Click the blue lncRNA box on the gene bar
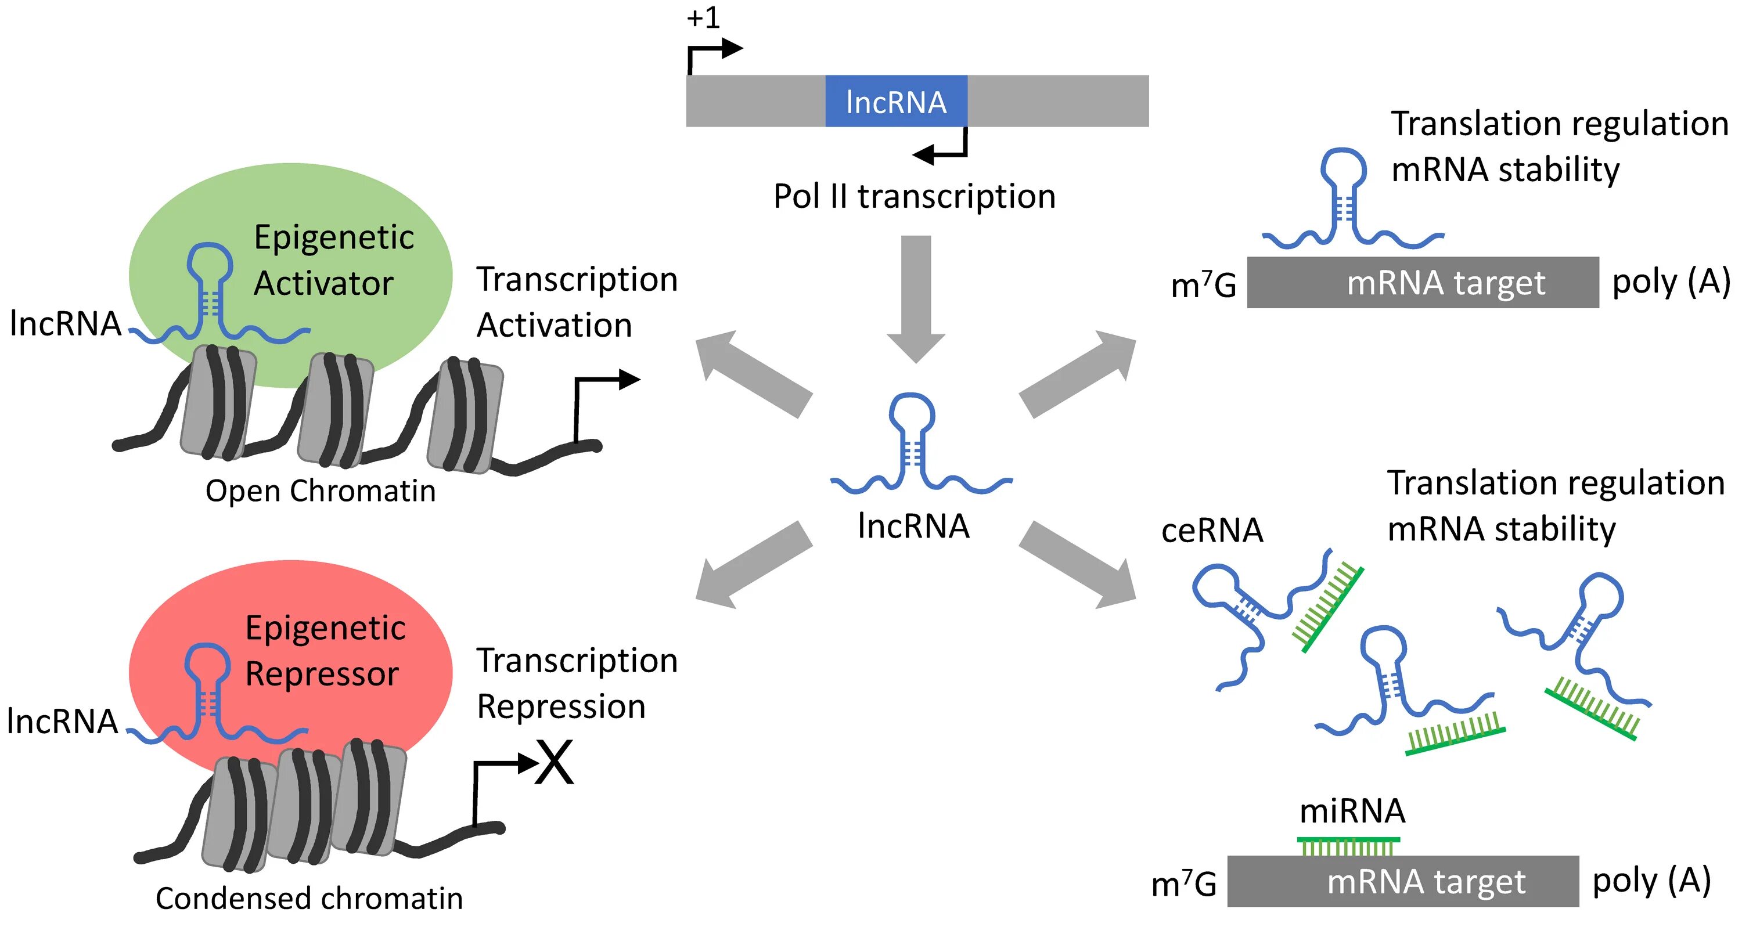[896, 100]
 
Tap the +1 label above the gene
[703, 17]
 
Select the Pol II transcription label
[915, 197]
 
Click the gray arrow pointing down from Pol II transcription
[916, 299]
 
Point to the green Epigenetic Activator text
[333, 260]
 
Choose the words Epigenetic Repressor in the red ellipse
[325, 651]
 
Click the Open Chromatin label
[321, 491]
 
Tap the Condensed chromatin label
[309, 899]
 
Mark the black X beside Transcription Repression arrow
[554, 762]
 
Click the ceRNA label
[1212, 531]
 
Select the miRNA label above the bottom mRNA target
[1352, 811]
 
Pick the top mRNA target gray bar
[1423, 283]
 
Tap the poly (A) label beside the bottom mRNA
[1651, 881]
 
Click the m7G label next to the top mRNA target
[1203, 284]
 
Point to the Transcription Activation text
[577, 302]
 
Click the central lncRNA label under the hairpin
[913, 526]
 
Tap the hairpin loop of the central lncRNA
[912, 412]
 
